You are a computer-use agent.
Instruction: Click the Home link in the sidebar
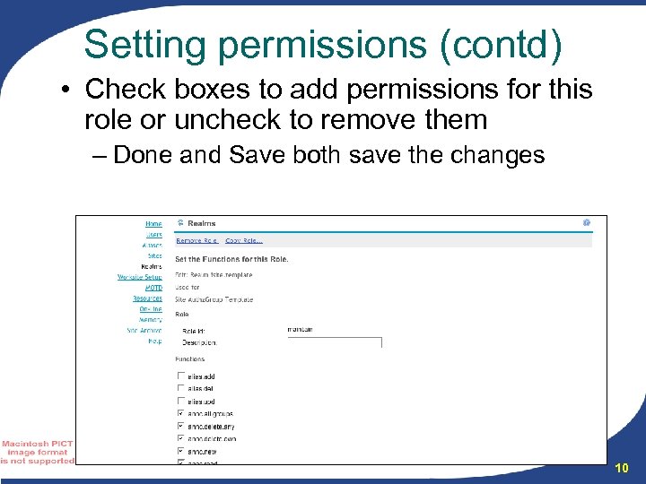(x=154, y=224)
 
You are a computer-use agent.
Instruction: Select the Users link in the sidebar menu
(x=154, y=235)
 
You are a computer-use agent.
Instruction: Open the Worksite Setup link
(x=140, y=277)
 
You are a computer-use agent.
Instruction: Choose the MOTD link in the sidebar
(x=153, y=288)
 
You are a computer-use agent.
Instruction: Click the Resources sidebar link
(x=147, y=298)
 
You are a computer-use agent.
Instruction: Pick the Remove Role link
(x=196, y=240)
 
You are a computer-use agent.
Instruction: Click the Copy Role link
(x=243, y=240)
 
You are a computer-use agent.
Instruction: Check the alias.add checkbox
(x=181, y=376)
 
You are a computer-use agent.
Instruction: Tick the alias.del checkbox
(x=181, y=389)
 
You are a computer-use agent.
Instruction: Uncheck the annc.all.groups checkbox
(x=181, y=414)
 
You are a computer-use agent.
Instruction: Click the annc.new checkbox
(x=181, y=451)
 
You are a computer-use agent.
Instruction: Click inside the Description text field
(x=334, y=341)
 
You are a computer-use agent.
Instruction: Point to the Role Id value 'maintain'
(x=300, y=330)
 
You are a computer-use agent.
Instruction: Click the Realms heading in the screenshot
(x=201, y=223)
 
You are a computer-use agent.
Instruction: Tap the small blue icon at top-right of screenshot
(x=586, y=222)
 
